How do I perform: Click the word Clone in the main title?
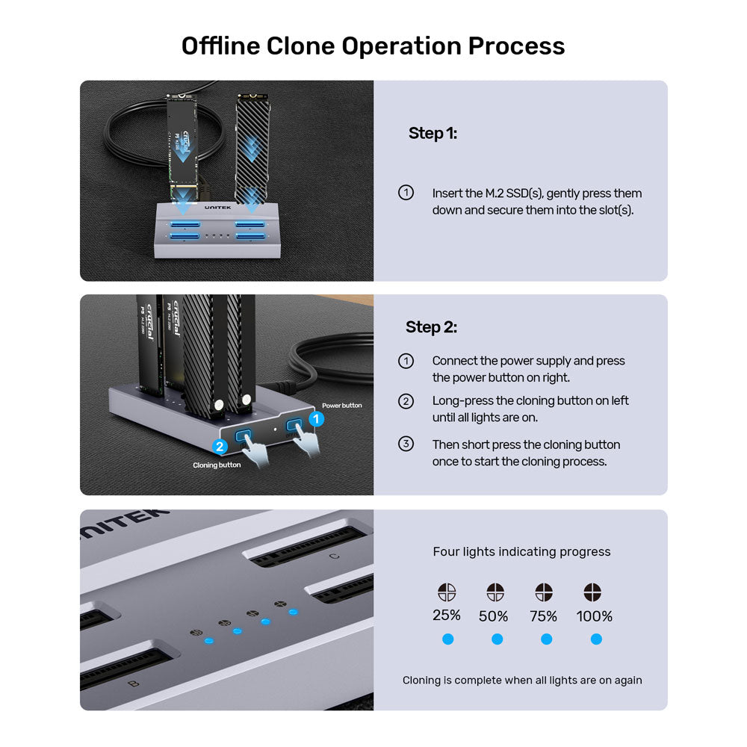click(x=300, y=46)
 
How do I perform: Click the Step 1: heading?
click(x=433, y=134)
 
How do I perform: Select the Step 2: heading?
click(x=431, y=327)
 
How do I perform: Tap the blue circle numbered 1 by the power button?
click(x=316, y=419)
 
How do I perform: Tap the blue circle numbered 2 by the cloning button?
click(x=220, y=447)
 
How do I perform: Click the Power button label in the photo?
click(x=341, y=406)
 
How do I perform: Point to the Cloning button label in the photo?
click(x=217, y=465)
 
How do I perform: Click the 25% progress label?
click(x=447, y=616)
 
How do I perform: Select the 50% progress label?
click(x=494, y=616)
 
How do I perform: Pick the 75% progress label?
click(x=544, y=616)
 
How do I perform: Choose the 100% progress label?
click(x=594, y=616)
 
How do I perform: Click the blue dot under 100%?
click(x=596, y=639)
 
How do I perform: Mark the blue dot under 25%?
click(x=447, y=639)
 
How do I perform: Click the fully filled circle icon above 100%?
click(x=592, y=592)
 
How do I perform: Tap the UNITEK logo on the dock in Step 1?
click(x=217, y=208)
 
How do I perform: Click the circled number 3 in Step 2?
click(x=406, y=444)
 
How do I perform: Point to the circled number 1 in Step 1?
click(x=406, y=193)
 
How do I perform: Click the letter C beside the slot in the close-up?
click(x=335, y=556)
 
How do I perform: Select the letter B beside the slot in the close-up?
click(x=134, y=684)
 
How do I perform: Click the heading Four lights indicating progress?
click(x=521, y=552)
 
